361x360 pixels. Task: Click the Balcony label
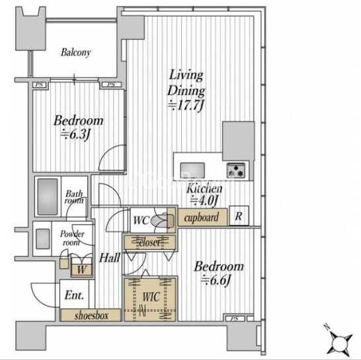[76, 53]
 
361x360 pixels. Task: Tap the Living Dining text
[186, 83]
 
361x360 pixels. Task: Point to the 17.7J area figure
[186, 106]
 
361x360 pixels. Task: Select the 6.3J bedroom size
[75, 135]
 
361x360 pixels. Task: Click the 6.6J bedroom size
[216, 281]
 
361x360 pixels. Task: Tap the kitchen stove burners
[235, 170]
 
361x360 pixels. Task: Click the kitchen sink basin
[192, 170]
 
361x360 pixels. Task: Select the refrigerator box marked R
[239, 215]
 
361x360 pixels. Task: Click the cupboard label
[202, 217]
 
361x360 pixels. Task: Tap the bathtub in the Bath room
[48, 197]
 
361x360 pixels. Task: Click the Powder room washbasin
[43, 238]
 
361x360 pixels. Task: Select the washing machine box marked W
[82, 270]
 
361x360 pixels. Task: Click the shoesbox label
[91, 316]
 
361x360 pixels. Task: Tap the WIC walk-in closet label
[151, 297]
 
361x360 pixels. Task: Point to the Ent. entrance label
[74, 295]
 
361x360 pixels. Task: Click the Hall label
[110, 258]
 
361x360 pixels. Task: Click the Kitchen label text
[204, 189]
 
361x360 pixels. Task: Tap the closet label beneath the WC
[149, 242]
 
